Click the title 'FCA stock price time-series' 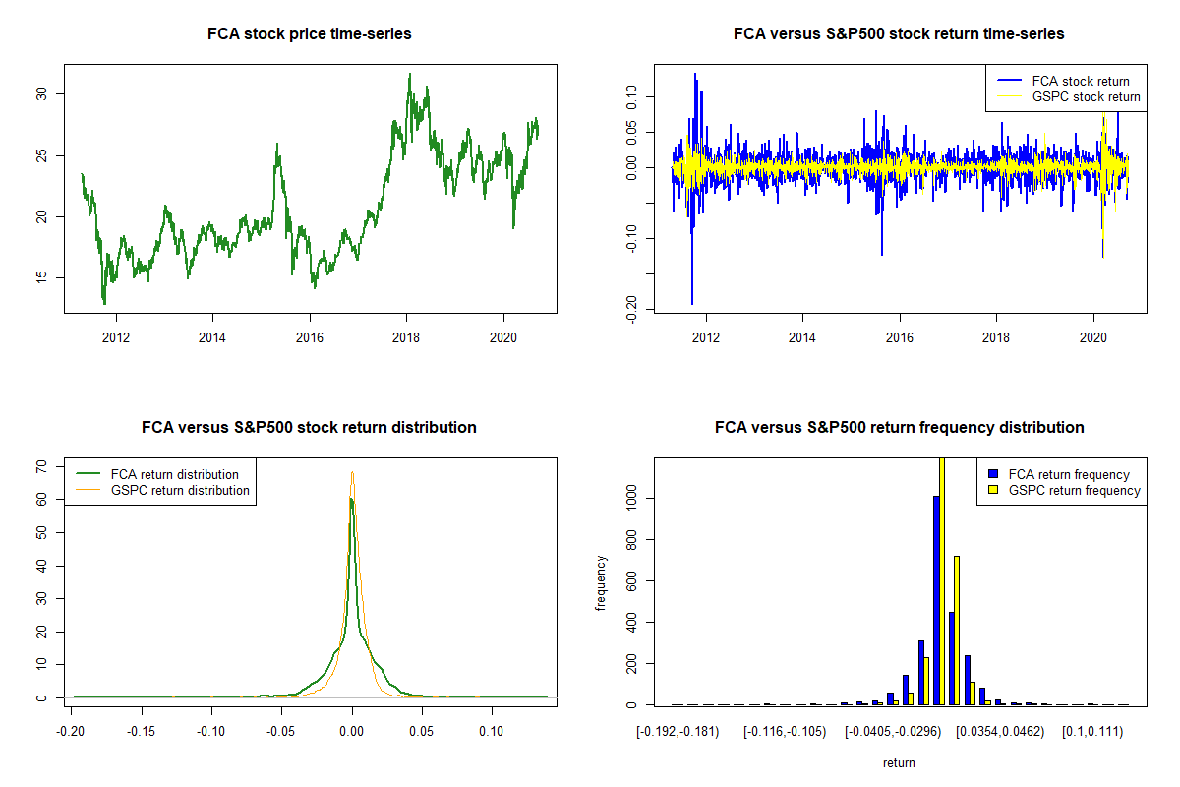point(310,34)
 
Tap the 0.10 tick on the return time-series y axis point(631,96)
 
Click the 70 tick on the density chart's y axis point(42,466)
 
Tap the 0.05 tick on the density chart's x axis point(422,731)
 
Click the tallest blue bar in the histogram point(936,600)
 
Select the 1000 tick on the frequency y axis point(631,499)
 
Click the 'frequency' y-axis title point(602,582)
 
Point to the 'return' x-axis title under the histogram point(899,762)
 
